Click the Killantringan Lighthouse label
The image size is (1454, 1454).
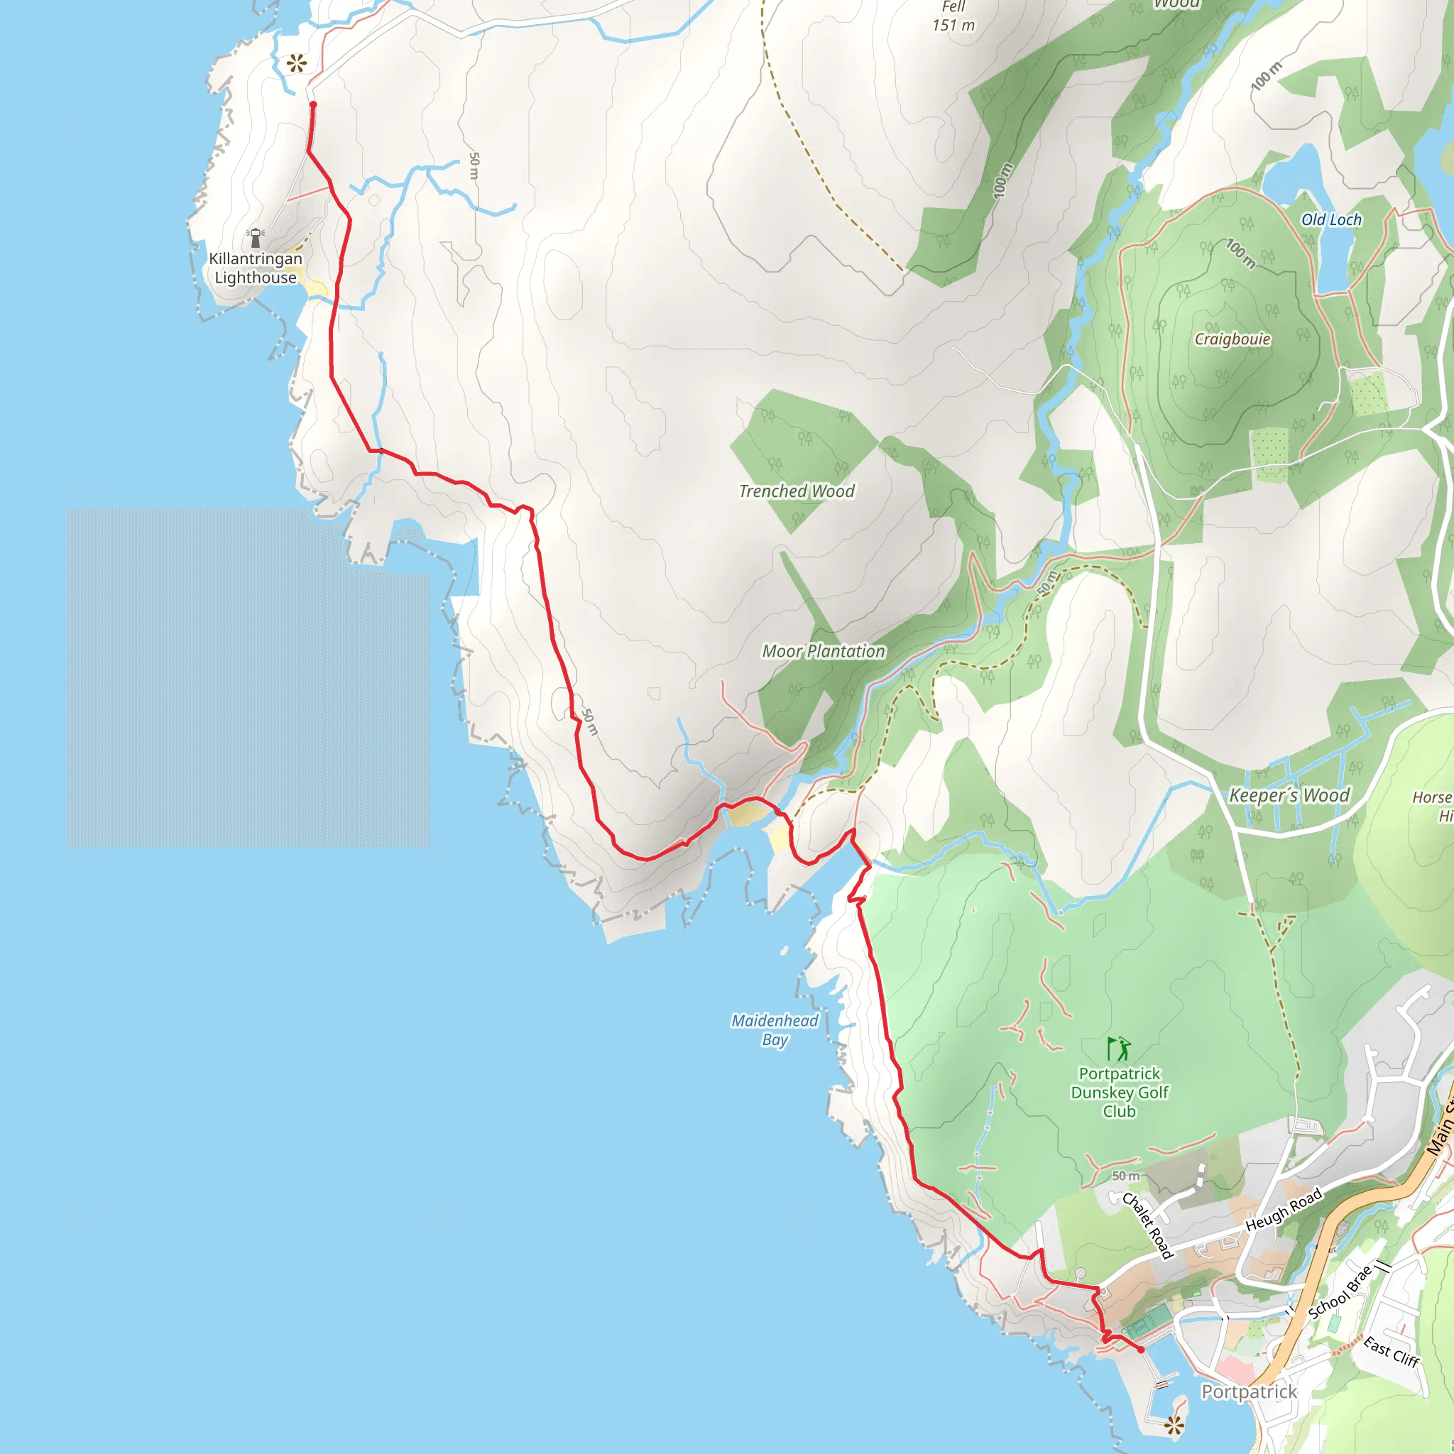tap(255, 268)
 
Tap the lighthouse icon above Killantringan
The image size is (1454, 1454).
tap(255, 237)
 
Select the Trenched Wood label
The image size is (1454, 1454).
tap(797, 491)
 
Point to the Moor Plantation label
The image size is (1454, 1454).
tap(824, 652)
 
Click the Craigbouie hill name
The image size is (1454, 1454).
tap(1232, 339)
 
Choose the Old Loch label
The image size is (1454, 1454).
tap(1331, 220)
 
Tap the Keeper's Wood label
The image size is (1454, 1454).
tap(1289, 795)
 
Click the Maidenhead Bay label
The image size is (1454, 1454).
tap(775, 1030)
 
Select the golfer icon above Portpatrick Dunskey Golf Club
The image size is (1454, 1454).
tap(1119, 1049)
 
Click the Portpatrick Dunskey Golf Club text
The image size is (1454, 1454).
tap(1119, 1092)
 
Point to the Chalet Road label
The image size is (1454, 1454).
tap(1147, 1225)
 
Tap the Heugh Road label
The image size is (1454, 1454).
tap(1284, 1209)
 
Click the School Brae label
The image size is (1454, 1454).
tap(1340, 1293)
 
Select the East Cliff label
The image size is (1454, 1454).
tap(1391, 1352)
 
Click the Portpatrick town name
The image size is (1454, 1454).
tap(1249, 1392)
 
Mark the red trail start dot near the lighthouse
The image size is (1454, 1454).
tap(313, 104)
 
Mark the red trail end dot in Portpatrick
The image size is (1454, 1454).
tap(1141, 1350)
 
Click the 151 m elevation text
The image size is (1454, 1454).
tap(953, 26)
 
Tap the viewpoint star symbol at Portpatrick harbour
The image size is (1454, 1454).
tap(1174, 1424)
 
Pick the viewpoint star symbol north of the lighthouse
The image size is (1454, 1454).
tap(297, 63)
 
